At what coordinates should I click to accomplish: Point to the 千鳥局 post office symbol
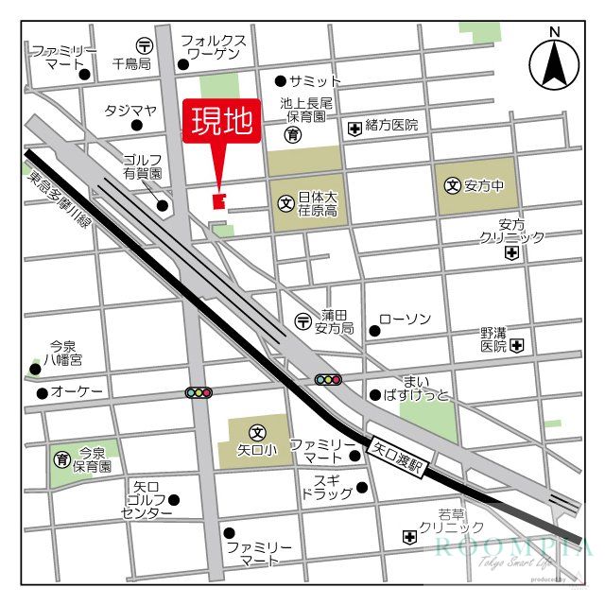(x=144, y=44)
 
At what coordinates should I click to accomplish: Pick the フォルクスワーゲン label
(x=214, y=48)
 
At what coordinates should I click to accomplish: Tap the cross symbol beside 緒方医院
(x=354, y=127)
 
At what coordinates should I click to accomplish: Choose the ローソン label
(x=405, y=320)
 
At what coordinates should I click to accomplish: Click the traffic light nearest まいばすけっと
(x=328, y=379)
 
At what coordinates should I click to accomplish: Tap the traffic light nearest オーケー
(x=199, y=392)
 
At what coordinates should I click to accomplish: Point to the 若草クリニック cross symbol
(x=409, y=537)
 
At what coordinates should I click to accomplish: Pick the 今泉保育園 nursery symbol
(x=62, y=458)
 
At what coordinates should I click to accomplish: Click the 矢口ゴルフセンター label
(x=147, y=500)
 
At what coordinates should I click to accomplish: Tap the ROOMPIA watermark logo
(x=514, y=550)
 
